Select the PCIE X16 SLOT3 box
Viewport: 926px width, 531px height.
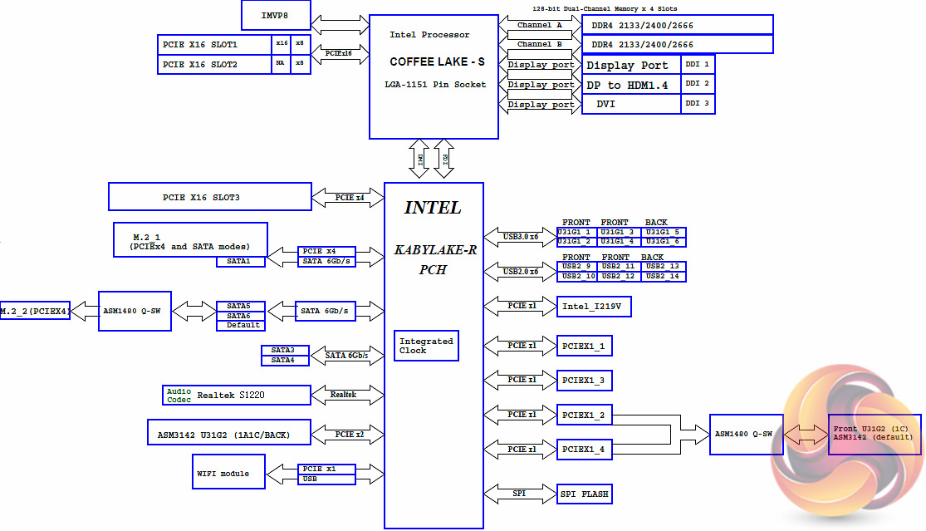(208, 197)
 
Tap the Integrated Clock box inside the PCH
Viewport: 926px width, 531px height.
(426, 345)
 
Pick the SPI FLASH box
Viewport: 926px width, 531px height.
(585, 494)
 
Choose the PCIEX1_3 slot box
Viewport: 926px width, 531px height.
(584, 381)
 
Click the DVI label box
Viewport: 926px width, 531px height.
(631, 105)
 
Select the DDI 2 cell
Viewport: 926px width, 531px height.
(697, 84)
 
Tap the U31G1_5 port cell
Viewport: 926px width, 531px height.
(664, 232)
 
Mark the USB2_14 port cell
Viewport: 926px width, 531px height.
(664, 276)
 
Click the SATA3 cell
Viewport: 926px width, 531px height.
(284, 350)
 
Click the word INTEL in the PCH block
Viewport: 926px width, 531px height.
(433, 208)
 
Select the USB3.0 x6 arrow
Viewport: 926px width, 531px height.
(521, 237)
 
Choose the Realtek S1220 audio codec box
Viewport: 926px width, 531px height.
(237, 395)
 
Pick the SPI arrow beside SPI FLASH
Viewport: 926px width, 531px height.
(519, 494)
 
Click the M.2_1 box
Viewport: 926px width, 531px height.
(190, 239)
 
